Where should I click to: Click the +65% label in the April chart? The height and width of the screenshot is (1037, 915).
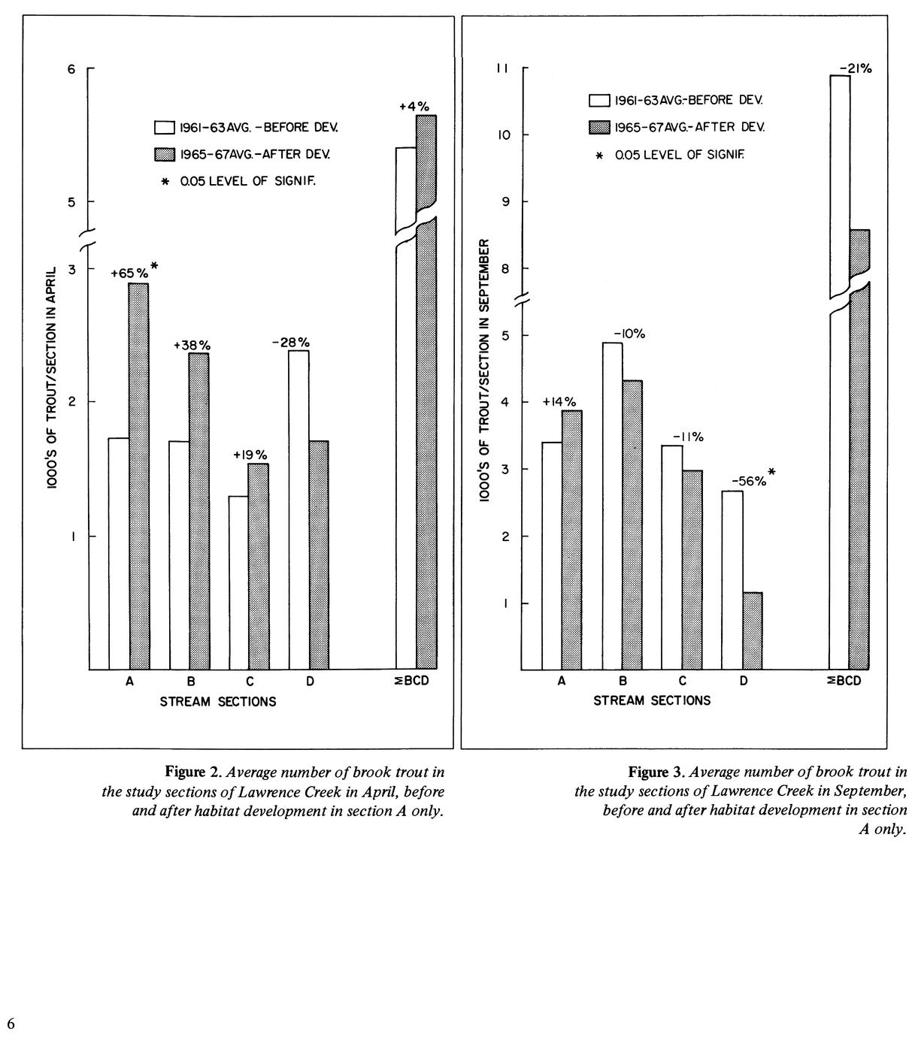[x=130, y=274]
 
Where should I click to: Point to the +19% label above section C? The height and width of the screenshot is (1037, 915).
[x=250, y=455]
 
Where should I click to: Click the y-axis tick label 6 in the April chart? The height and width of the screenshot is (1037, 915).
[x=72, y=69]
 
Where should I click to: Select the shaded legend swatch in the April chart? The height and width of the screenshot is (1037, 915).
[x=165, y=154]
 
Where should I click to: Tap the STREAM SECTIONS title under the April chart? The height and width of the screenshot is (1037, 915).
[x=218, y=702]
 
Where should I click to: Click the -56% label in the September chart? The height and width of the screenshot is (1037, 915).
[x=750, y=482]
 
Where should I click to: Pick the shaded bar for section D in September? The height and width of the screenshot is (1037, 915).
[x=753, y=630]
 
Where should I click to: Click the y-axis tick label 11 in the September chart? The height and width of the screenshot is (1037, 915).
[x=502, y=69]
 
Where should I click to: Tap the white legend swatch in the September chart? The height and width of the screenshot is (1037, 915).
[x=599, y=100]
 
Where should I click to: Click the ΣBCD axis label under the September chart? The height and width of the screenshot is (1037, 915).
[x=845, y=682]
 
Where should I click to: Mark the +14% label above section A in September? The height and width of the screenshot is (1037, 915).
[x=559, y=402]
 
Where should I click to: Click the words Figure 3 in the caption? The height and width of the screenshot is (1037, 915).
[x=656, y=772]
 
